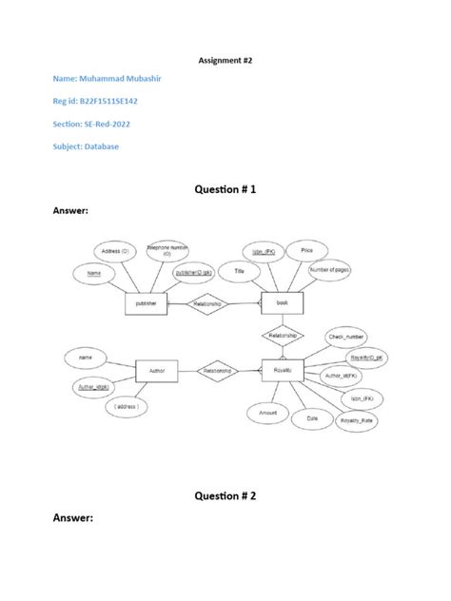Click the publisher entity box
tap(147, 304)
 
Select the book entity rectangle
tap(282, 303)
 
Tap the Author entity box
tap(158, 371)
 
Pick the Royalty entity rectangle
tap(283, 370)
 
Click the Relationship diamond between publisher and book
tap(207, 304)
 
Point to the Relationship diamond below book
tap(283, 336)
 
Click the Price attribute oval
tap(306, 250)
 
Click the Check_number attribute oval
tap(345, 337)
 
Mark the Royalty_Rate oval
tap(355, 418)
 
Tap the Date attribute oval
tap(311, 417)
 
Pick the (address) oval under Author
tap(127, 407)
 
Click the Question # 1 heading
tap(225, 190)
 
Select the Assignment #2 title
tap(225, 58)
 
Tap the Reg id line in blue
tap(95, 102)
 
